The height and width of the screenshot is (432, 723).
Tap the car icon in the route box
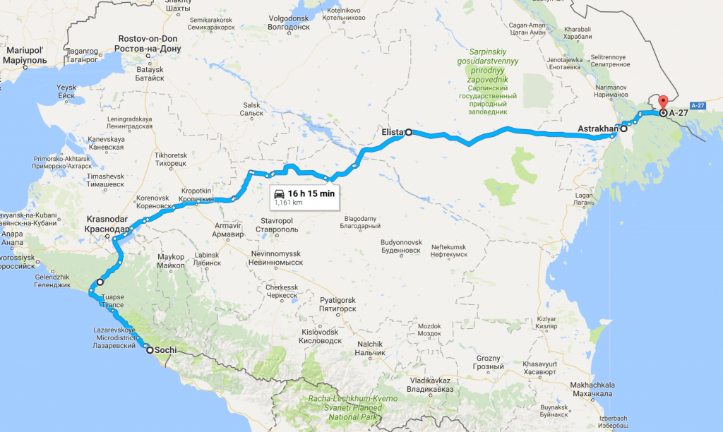click(280, 193)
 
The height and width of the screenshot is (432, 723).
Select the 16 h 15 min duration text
click(311, 193)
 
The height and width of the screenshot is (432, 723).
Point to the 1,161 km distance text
click(289, 202)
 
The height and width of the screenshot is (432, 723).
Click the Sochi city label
click(167, 349)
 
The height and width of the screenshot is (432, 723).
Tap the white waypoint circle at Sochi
click(149, 349)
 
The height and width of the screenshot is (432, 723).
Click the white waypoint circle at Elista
click(408, 132)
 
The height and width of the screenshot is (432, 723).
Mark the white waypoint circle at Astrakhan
click(623, 129)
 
